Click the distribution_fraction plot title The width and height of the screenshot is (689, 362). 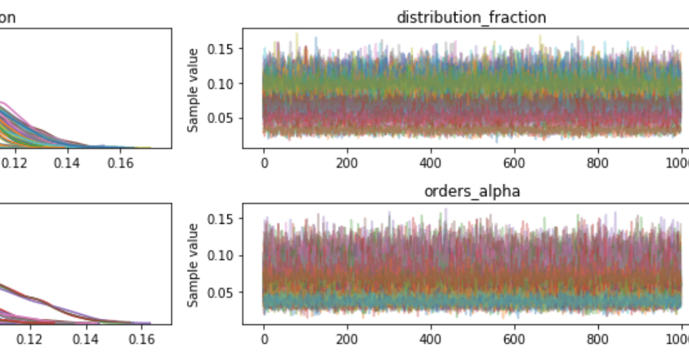pyautogui.click(x=471, y=17)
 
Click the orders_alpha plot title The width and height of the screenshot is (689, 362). pyautogui.click(x=472, y=191)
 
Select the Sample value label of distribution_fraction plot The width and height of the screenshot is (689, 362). pyautogui.click(x=193, y=90)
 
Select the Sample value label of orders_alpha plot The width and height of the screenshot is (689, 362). pyautogui.click(x=193, y=264)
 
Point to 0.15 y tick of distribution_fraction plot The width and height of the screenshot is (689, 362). pyautogui.click(x=221, y=49)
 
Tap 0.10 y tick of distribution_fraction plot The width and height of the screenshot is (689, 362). pyautogui.click(x=221, y=84)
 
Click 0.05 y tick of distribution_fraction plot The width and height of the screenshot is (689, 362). pyautogui.click(x=221, y=119)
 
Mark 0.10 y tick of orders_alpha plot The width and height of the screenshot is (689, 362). pyautogui.click(x=221, y=256)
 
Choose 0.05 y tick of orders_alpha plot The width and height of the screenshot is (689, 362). pyautogui.click(x=221, y=293)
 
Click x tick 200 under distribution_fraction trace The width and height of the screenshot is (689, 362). pyautogui.click(x=347, y=163)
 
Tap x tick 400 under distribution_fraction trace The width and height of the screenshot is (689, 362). pyautogui.click(x=431, y=163)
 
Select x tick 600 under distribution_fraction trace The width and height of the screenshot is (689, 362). pyautogui.click(x=514, y=163)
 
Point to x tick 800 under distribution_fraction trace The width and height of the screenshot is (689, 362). pyautogui.click(x=598, y=163)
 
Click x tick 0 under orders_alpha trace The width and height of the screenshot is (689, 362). pyautogui.click(x=264, y=339)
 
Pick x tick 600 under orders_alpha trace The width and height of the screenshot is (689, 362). pyautogui.click(x=514, y=339)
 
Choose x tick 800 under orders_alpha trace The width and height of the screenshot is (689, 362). pyautogui.click(x=598, y=339)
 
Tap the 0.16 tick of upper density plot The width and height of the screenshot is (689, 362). pyautogui.click(x=121, y=163)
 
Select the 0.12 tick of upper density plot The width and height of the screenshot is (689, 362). pyautogui.click(x=14, y=163)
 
